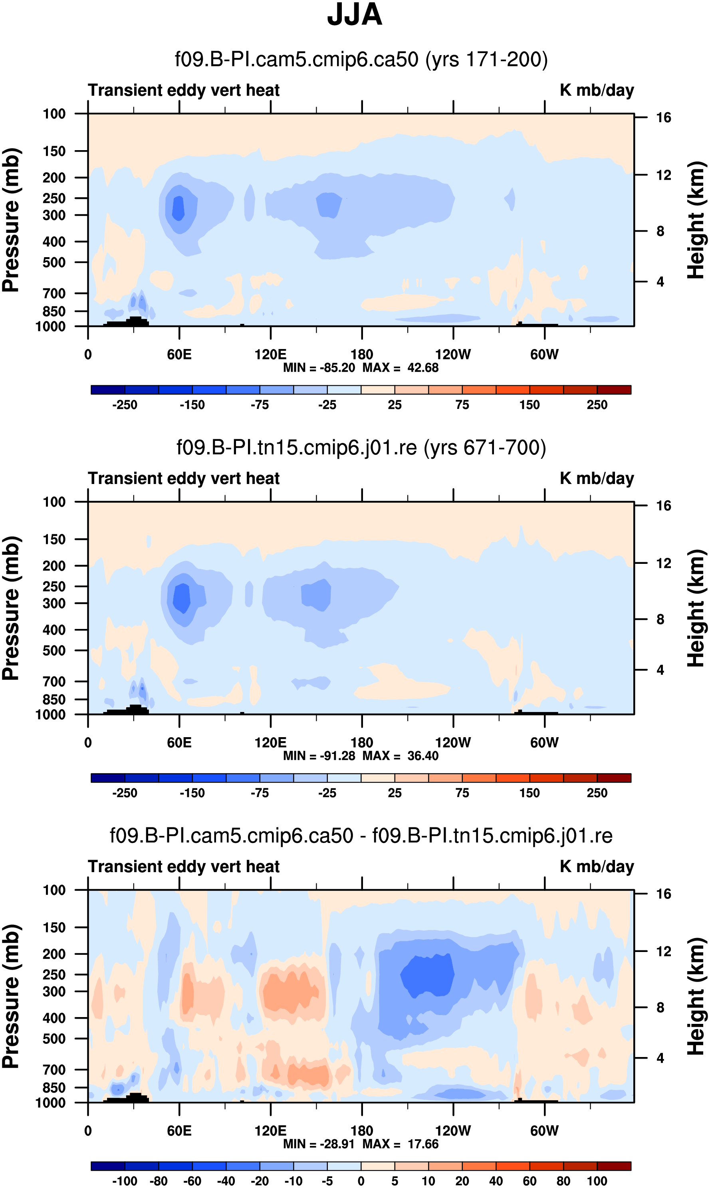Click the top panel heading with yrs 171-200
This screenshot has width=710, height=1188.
(x=361, y=60)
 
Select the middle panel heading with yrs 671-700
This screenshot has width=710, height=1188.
(x=361, y=448)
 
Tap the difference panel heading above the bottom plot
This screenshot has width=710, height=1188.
(x=361, y=836)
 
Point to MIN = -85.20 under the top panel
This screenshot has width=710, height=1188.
(x=319, y=368)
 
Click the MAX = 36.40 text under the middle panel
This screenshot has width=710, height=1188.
(x=401, y=756)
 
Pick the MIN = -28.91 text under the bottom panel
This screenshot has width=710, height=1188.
(x=319, y=1144)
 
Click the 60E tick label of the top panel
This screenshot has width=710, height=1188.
(x=179, y=355)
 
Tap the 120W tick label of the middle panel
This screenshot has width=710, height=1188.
(x=453, y=743)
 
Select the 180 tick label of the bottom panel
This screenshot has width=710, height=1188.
(x=362, y=1131)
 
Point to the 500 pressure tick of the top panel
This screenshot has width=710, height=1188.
(x=54, y=263)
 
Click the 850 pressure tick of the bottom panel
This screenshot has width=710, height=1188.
(x=54, y=1087)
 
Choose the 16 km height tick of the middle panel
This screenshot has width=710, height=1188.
(x=664, y=506)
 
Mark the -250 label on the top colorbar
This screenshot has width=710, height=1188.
(x=125, y=405)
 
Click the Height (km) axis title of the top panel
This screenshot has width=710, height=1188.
(x=696, y=220)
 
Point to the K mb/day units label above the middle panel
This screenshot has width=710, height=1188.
(x=597, y=478)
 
